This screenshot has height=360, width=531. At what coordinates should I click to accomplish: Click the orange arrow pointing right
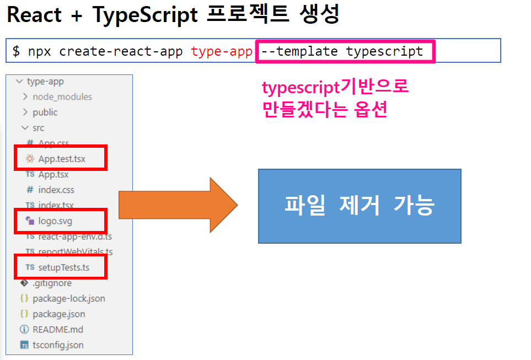(x=178, y=206)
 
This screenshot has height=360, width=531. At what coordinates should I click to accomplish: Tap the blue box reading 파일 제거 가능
(x=360, y=206)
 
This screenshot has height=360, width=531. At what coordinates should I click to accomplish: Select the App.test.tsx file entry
(x=62, y=159)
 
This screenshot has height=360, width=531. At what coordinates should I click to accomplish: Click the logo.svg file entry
(x=55, y=221)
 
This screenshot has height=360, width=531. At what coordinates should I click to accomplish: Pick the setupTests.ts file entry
(x=63, y=267)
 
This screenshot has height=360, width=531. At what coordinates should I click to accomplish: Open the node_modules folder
(x=62, y=96)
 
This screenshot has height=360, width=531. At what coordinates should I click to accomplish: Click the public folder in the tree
(x=45, y=112)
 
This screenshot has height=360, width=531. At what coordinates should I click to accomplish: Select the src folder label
(x=39, y=127)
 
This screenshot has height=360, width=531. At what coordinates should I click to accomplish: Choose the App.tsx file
(x=53, y=174)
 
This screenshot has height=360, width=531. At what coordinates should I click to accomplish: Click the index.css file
(x=56, y=190)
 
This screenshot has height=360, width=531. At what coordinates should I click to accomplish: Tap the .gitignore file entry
(x=52, y=283)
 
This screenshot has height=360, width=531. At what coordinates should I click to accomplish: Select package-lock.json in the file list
(x=69, y=298)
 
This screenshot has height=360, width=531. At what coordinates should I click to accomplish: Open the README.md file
(x=58, y=329)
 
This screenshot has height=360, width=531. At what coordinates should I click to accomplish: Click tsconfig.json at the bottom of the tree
(x=58, y=345)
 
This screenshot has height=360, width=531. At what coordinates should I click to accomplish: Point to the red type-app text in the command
(x=222, y=51)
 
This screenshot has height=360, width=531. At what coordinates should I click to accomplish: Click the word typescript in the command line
(x=384, y=51)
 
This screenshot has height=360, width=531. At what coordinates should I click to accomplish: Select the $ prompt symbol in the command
(x=17, y=51)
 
